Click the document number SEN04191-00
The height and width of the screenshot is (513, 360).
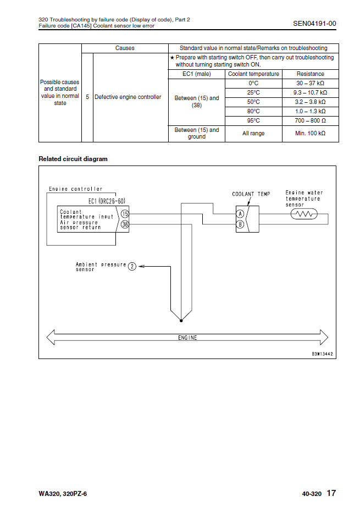[x=314, y=23]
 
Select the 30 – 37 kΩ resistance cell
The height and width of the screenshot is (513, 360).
[x=310, y=83]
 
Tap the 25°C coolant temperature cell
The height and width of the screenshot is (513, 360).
[x=253, y=92]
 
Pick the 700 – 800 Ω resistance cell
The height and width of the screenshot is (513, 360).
[x=310, y=120]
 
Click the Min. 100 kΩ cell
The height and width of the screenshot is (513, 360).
[x=310, y=134]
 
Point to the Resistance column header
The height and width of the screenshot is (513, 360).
[x=310, y=74]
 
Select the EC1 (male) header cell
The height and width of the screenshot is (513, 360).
[x=196, y=74]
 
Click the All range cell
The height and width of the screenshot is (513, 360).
[x=253, y=134]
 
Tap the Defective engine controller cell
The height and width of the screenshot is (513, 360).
[x=128, y=97]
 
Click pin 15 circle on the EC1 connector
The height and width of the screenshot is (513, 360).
[x=125, y=213]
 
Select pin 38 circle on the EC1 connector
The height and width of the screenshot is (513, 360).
[x=125, y=224]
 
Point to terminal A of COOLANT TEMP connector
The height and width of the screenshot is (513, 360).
[x=240, y=214]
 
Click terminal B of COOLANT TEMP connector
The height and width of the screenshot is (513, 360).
[x=240, y=224]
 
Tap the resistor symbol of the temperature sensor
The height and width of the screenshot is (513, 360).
[x=303, y=214]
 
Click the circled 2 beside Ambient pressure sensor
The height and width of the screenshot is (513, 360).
[x=132, y=267]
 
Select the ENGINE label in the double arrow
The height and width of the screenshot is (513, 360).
[x=187, y=338]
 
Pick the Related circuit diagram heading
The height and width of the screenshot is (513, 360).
[x=73, y=159]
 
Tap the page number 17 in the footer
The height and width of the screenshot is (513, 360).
[x=331, y=493]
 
